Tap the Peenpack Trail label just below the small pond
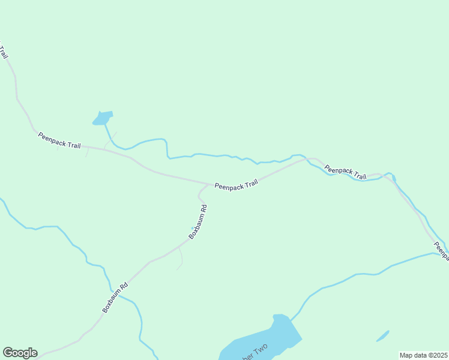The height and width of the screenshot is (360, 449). click(x=59, y=140)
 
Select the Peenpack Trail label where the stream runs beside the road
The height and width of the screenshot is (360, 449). click(x=346, y=173)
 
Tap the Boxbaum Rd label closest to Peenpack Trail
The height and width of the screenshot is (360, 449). click(x=198, y=222)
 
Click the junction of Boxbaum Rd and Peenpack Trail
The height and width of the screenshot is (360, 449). click(x=211, y=184)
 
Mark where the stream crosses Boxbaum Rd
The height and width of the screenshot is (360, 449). click(x=119, y=294)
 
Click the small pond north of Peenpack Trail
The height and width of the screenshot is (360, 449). click(x=103, y=118)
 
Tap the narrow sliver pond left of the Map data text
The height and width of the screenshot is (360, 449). click(x=382, y=336)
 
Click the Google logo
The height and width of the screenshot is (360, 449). click(x=20, y=352)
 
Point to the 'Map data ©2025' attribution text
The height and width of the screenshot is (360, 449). click(x=423, y=355)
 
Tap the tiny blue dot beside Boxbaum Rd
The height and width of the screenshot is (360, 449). click(x=193, y=228)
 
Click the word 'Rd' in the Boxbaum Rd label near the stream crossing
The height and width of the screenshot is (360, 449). click(x=124, y=287)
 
